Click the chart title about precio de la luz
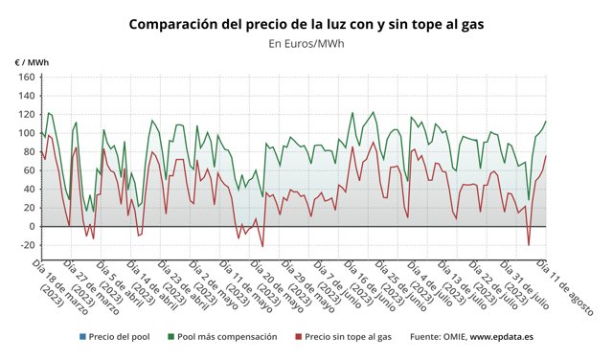[x=306, y=24]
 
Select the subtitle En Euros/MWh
[x=306, y=43]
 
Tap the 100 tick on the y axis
[x=26, y=133]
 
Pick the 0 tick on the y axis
[x=31, y=227]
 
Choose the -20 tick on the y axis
[x=26, y=245]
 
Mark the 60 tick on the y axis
[x=28, y=170]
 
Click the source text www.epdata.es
[x=501, y=337]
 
